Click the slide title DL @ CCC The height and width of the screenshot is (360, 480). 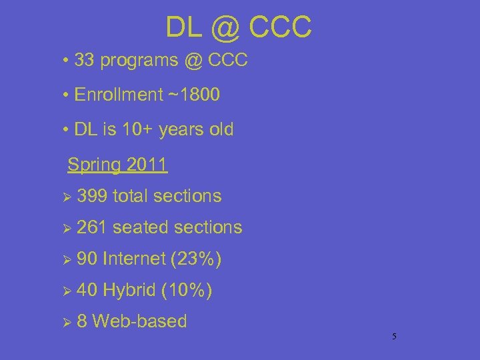coord(238,27)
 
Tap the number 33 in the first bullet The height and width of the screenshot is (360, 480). coord(84,61)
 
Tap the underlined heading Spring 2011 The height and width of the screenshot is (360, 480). coord(118,164)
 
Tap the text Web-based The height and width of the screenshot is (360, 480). coord(139,321)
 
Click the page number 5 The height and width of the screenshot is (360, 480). coord(394,337)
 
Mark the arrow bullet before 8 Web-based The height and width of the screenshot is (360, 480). coord(65,322)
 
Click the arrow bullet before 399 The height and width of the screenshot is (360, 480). coord(65,197)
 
